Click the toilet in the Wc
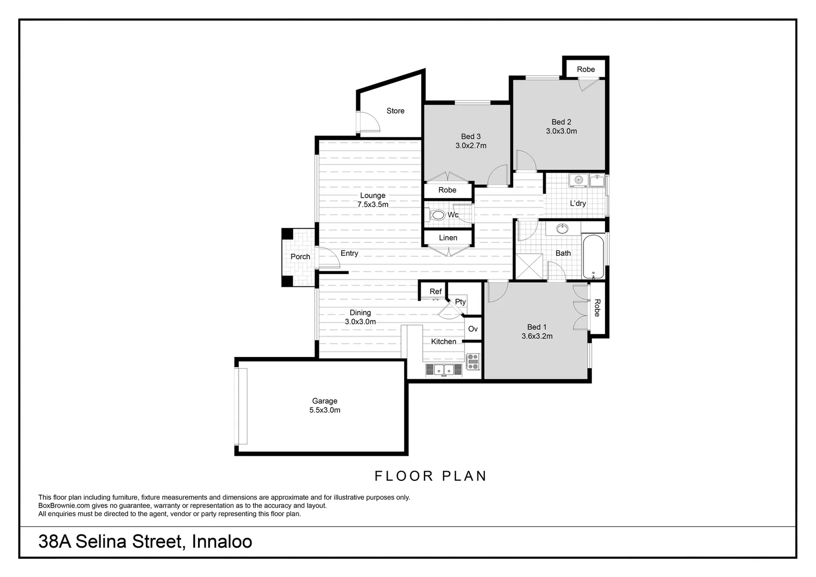(x=437, y=215)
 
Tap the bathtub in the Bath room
(x=593, y=256)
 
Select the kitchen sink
(x=444, y=370)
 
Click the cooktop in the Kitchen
(x=473, y=361)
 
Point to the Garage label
(x=325, y=401)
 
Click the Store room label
(x=395, y=111)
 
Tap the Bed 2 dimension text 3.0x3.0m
(x=561, y=131)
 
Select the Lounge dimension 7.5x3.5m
(x=373, y=205)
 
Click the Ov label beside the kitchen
(x=473, y=329)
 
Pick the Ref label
(x=435, y=292)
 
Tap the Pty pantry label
(x=460, y=302)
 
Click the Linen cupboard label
(x=448, y=238)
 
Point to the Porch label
(x=300, y=257)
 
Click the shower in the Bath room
(x=530, y=267)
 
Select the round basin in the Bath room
(x=562, y=229)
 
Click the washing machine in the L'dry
(x=578, y=180)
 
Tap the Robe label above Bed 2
(x=586, y=69)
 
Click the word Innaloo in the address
(x=222, y=542)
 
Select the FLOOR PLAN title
(x=430, y=476)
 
